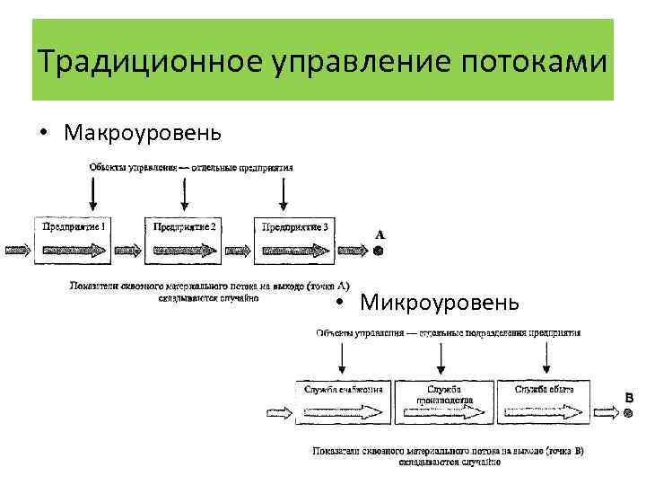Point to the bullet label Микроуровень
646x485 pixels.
pos(439,301)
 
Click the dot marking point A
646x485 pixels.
pos(379,251)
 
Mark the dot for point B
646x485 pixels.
pos(628,414)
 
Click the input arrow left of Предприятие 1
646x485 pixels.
pos(16,251)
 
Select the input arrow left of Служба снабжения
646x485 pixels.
pos(279,413)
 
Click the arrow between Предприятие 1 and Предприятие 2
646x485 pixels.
pos(131,251)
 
